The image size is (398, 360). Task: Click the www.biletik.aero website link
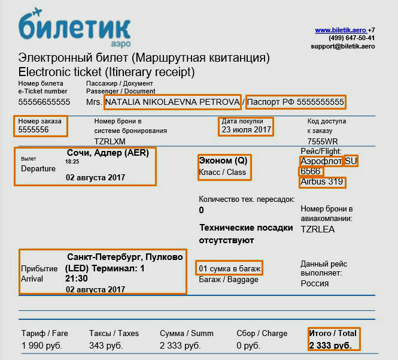[341, 30]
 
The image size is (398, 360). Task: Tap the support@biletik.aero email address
[342, 46]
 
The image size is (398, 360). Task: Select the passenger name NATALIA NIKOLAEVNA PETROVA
[172, 102]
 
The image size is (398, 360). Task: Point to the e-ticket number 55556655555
[44, 102]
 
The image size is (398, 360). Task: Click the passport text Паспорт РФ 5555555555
[296, 102]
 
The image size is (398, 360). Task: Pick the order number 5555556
[34, 129]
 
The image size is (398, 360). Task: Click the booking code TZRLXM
[110, 141]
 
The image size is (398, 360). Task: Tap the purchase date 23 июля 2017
[246, 129]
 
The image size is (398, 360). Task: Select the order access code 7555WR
[320, 141]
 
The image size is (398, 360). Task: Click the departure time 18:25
[72, 162]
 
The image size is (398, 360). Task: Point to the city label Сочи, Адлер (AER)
[108, 153]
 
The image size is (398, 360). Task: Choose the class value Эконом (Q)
[223, 161]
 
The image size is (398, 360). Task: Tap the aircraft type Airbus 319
[323, 182]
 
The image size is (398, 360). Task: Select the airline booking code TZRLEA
[318, 229]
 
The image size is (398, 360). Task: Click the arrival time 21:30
[77, 279]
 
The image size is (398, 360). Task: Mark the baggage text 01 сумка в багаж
[230, 268]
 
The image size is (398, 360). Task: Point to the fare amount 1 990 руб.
[42, 346]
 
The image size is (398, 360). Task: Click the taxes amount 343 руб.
[106, 346]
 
